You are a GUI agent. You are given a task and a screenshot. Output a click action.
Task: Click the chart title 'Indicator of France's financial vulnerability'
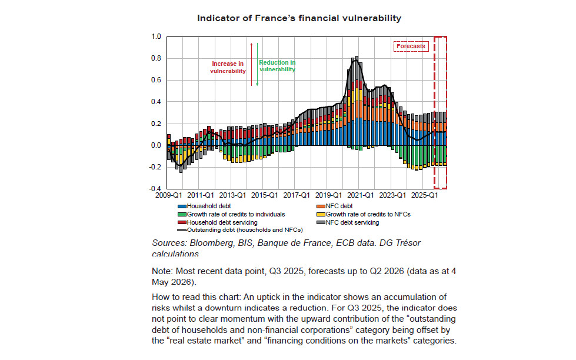[x=299, y=18]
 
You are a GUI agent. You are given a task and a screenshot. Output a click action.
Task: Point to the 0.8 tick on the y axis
[x=156, y=58]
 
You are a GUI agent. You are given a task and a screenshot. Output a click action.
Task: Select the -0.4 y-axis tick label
[x=155, y=188]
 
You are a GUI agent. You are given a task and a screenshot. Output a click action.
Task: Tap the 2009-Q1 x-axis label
[x=169, y=195]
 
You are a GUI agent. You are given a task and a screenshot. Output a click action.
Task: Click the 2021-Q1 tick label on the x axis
[x=360, y=195]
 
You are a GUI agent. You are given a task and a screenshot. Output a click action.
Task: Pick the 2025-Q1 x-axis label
[x=424, y=195]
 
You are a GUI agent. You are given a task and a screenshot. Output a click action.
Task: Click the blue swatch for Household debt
[x=182, y=206]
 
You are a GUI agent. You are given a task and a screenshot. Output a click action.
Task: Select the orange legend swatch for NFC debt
[x=321, y=206]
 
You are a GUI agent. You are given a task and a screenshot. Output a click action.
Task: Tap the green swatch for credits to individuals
[x=182, y=215]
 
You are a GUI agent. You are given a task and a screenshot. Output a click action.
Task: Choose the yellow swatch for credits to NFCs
[x=321, y=215]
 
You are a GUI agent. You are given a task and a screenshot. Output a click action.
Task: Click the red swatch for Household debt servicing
[x=182, y=222]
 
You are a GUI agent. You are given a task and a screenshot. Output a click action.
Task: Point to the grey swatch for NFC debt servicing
[x=321, y=222]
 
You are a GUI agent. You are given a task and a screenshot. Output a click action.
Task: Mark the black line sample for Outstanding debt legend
[x=182, y=231]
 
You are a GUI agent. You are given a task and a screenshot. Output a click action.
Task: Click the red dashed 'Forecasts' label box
[x=411, y=46]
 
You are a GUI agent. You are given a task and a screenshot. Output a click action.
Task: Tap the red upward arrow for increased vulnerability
[x=252, y=64]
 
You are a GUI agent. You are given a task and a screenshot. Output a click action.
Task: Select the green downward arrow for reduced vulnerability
[x=257, y=64]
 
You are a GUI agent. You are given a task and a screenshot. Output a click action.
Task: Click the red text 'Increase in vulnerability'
[x=228, y=67]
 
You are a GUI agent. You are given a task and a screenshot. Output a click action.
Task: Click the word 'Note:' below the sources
[x=162, y=271]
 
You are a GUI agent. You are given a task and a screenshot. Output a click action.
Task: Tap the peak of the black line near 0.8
[x=355, y=60]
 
